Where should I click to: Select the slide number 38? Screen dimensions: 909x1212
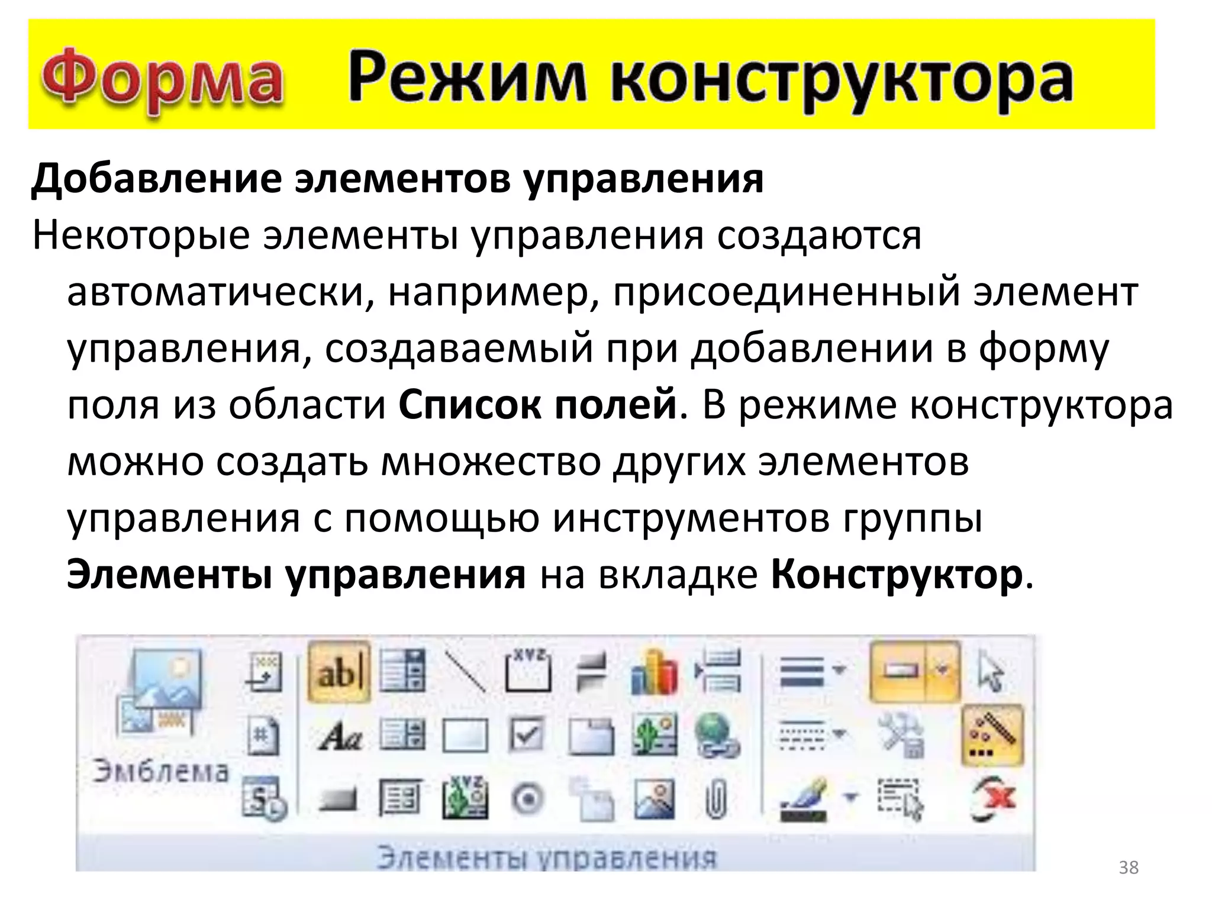coord(1129,868)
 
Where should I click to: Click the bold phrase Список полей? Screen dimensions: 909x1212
coord(537,405)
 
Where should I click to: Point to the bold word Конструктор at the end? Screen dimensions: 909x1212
coord(897,574)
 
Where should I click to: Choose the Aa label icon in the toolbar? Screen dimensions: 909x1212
coord(340,737)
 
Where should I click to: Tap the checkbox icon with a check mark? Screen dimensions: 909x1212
coord(526,736)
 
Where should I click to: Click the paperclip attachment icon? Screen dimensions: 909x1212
coord(715,800)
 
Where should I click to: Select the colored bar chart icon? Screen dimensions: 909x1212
coord(653,673)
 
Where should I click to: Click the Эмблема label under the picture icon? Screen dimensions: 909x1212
coord(160,772)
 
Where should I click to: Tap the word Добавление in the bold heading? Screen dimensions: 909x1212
coord(156,178)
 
